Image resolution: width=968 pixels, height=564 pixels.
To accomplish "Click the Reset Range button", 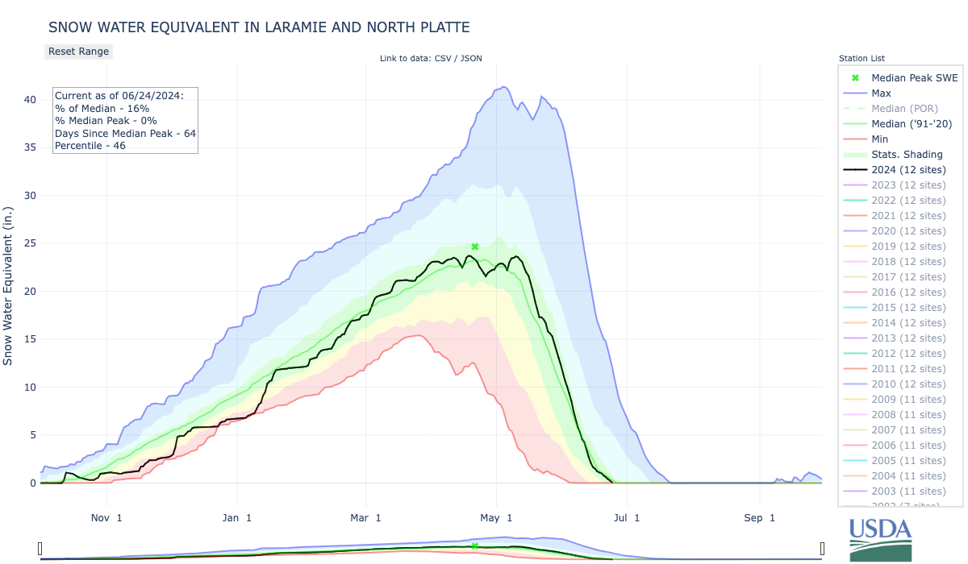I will (x=77, y=52).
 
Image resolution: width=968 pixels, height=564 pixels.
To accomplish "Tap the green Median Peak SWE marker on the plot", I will (x=475, y=247).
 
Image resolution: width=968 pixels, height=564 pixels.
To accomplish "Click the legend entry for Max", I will (x=881, y=93).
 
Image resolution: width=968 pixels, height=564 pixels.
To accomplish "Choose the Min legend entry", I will (x=880, y=139).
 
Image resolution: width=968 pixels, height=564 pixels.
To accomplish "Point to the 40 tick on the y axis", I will (x=30, y=100).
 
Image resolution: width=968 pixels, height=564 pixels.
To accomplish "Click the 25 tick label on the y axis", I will (x=30, y=243).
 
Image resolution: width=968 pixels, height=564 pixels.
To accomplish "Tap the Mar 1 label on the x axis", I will (x=366, y=517).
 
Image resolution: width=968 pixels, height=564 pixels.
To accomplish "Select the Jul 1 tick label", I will (x=626, y=517).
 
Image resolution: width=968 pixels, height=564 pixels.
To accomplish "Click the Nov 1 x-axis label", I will (x=107, y=517).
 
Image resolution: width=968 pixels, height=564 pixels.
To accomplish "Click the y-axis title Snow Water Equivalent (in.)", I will (x=9, y=286).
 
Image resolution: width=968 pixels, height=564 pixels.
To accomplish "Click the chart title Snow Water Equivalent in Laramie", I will (x=259, y=27).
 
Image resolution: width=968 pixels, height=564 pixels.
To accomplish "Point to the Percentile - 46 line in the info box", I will (x=90, y=146).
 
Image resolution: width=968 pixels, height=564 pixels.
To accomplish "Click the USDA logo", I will (x=880, y=538).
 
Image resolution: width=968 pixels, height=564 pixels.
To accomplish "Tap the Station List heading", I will (x=862, y=59).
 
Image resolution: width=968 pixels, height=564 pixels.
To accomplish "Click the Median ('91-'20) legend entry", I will (x=912, y=124).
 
